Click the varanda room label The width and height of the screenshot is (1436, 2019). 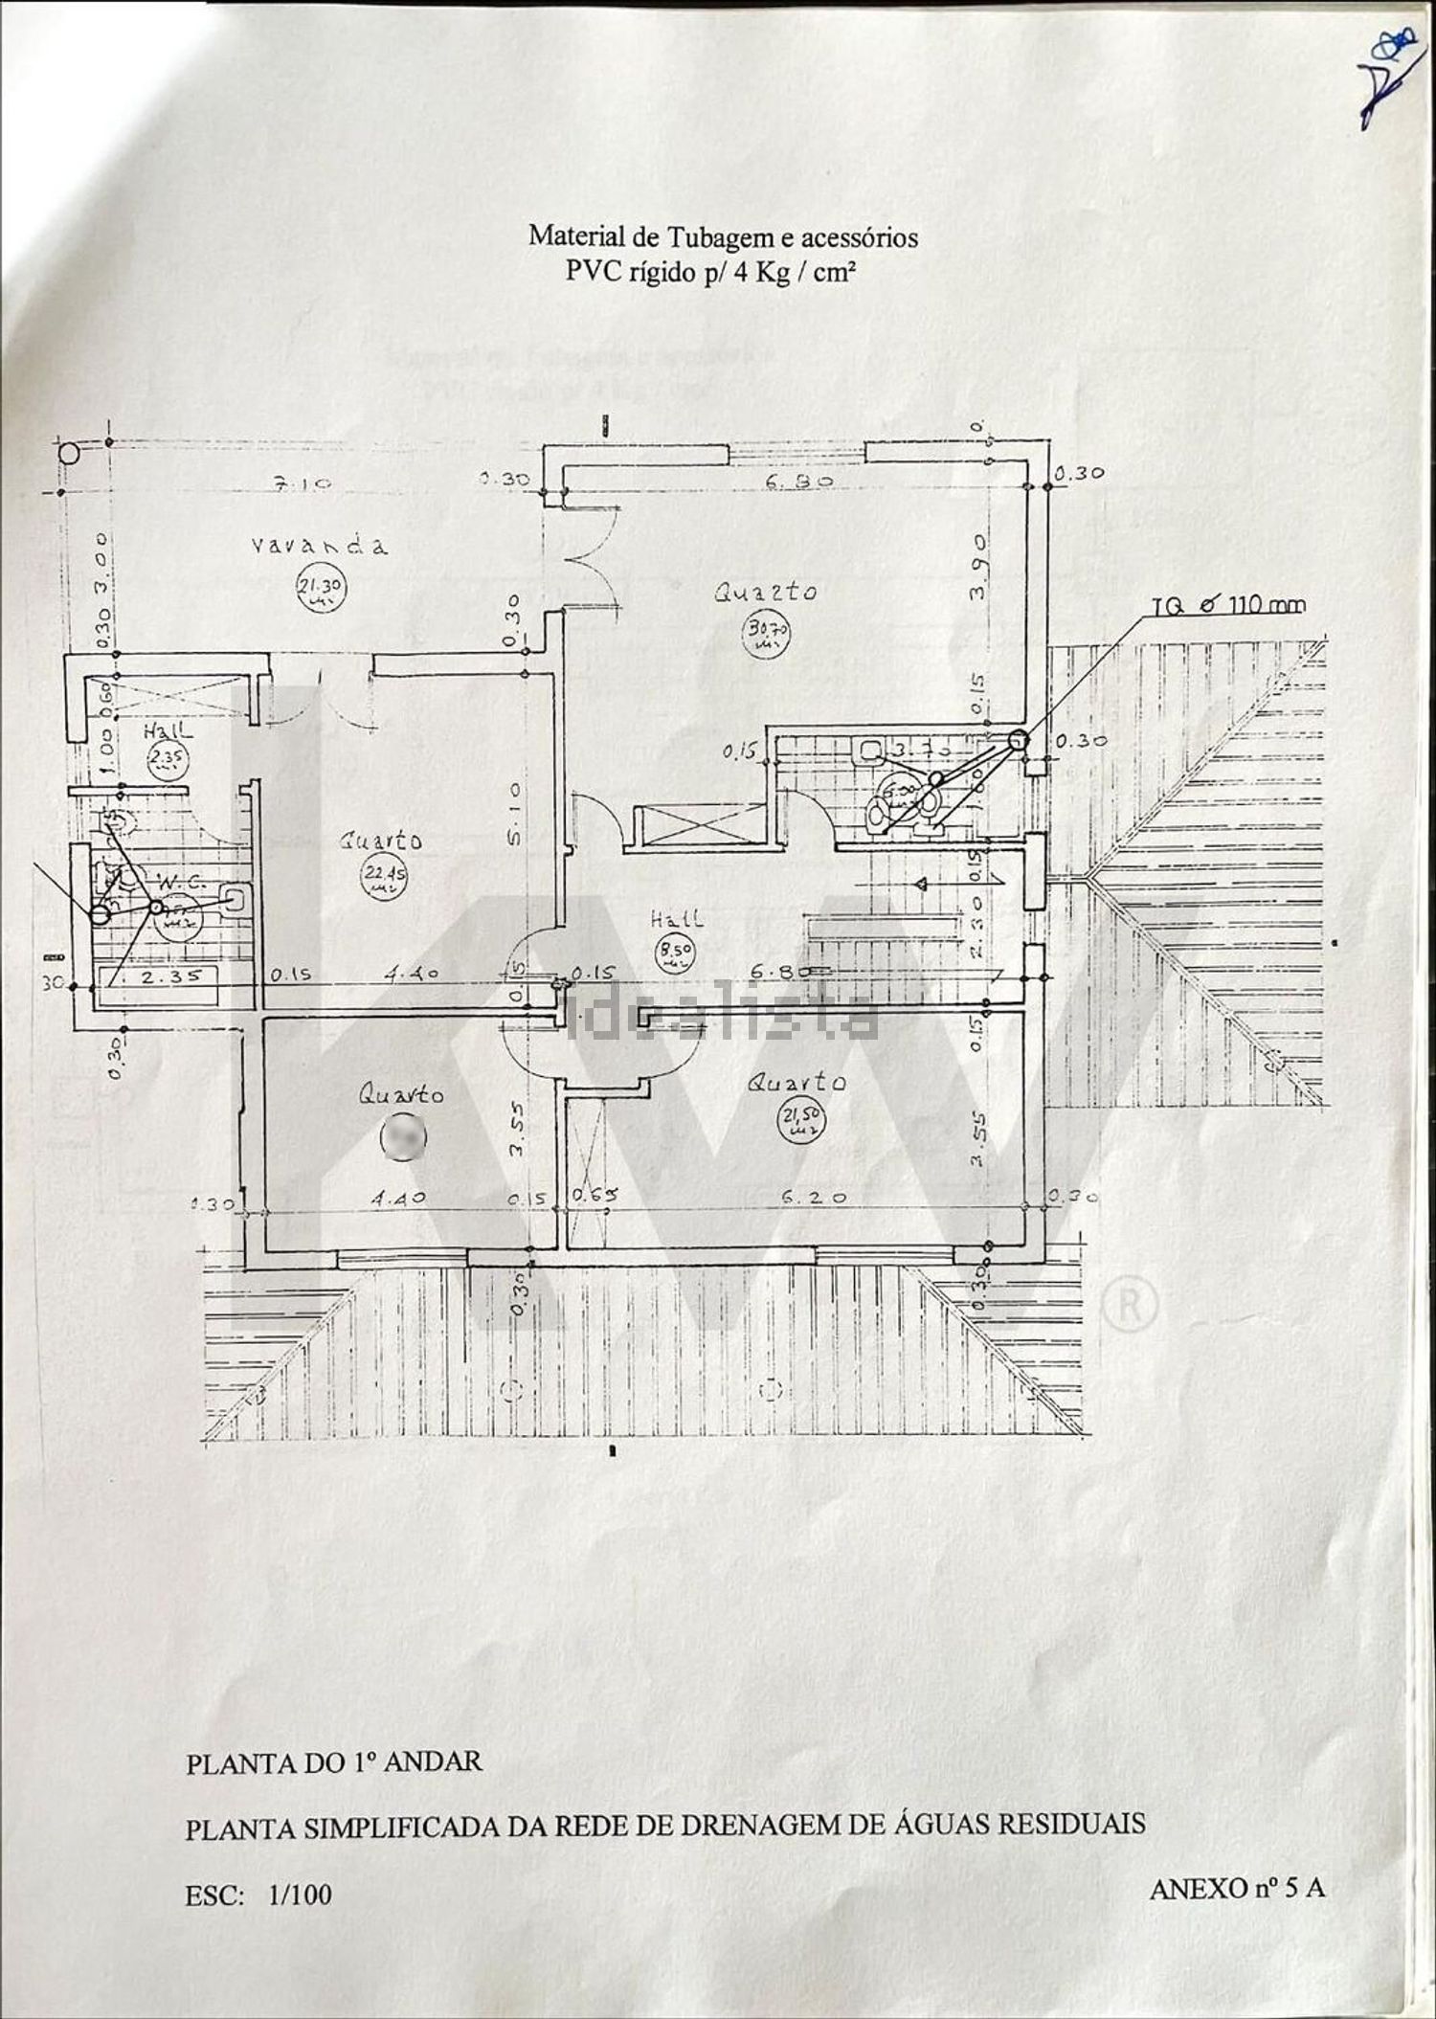click(320, 546)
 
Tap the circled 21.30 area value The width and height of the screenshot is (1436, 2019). click(322, 591)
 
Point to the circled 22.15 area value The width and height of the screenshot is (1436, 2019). click(382, 873)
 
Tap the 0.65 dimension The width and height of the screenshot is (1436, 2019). click(594, 1196)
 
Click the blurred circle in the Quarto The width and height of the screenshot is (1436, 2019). click(402, 1136)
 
